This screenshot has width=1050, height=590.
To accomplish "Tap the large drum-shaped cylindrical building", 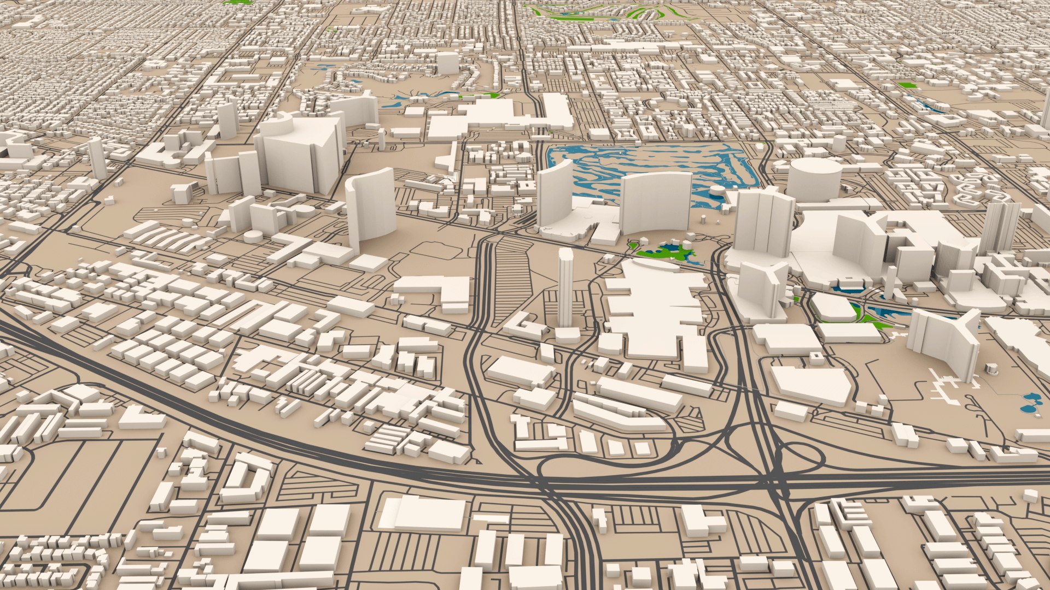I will [x=814, y=180].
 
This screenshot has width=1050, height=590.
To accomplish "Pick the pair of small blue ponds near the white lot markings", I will [x=1030, y=403].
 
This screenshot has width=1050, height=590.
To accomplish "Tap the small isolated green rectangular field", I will [x=907, y=85].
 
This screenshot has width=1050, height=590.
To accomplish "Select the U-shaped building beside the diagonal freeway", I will [x=246, y=478].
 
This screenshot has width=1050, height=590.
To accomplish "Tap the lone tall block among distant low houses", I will [x=447, y=63].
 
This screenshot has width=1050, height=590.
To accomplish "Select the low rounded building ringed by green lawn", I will [x=832, y=308].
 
